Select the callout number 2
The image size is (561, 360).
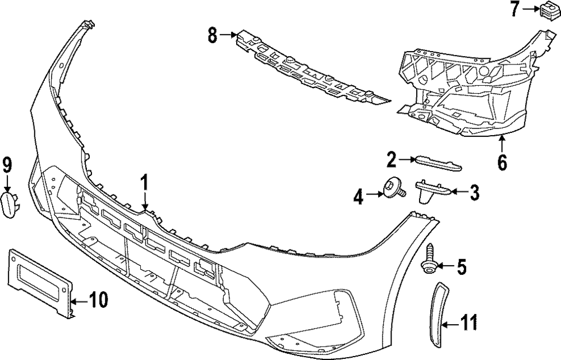point(392,160)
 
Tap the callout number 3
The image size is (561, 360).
point(474,193)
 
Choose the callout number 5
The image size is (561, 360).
point(461,267)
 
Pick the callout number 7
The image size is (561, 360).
point(515,8)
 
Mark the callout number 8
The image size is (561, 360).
point(212,35)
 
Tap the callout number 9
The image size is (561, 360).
point(7,164)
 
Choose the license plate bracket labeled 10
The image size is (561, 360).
point(39,279)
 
